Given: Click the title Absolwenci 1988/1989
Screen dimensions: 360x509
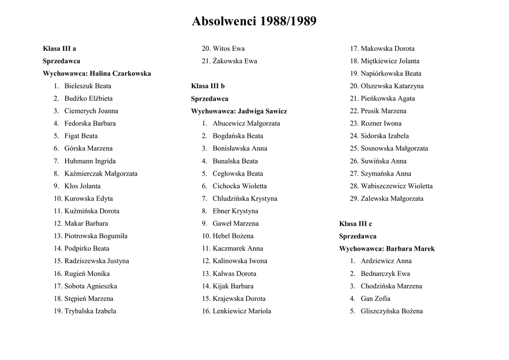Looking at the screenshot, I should click(254, 21).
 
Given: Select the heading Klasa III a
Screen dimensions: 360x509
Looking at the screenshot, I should click(59, 49).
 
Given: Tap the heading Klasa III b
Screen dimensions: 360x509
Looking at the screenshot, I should click(208, 86).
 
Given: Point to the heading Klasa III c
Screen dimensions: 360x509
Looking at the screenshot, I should click(355, 224).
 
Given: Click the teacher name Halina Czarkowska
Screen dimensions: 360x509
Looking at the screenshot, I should click(120, 74).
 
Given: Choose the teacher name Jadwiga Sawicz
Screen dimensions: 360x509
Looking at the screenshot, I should click(262, 111).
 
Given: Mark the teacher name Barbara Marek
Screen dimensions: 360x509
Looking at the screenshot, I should click(410, 249).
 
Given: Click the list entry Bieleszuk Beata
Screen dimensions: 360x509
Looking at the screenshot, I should click(87, 86).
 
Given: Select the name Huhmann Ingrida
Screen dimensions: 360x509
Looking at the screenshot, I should click(90, 161).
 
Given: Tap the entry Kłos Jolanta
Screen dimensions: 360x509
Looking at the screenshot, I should click(82, 186).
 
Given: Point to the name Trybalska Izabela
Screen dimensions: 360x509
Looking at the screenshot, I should click(90, 311).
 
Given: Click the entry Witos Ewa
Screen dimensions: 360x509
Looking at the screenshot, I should click(228, 49).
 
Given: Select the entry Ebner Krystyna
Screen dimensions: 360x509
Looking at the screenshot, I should click(235, 211).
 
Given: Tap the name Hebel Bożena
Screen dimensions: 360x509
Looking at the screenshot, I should click(233, 236).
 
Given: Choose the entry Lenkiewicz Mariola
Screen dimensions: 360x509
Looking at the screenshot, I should click(242, 311).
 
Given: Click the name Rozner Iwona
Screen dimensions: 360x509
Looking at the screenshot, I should click(381, 123).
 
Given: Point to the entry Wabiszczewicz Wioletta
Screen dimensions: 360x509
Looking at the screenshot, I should click(396, 186).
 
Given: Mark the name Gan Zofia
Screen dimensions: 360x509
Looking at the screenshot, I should click(375, 299).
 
